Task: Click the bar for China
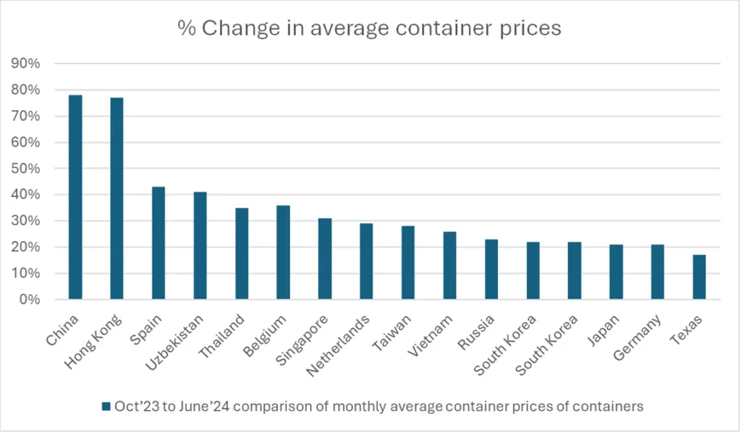click(75, 197)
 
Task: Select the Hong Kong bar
click(117, 198)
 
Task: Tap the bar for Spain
click(158, 243)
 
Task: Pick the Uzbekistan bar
click(200, 245)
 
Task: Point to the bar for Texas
click(699, 277)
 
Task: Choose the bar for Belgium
click(283, 252)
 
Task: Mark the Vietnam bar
click(449, 265)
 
